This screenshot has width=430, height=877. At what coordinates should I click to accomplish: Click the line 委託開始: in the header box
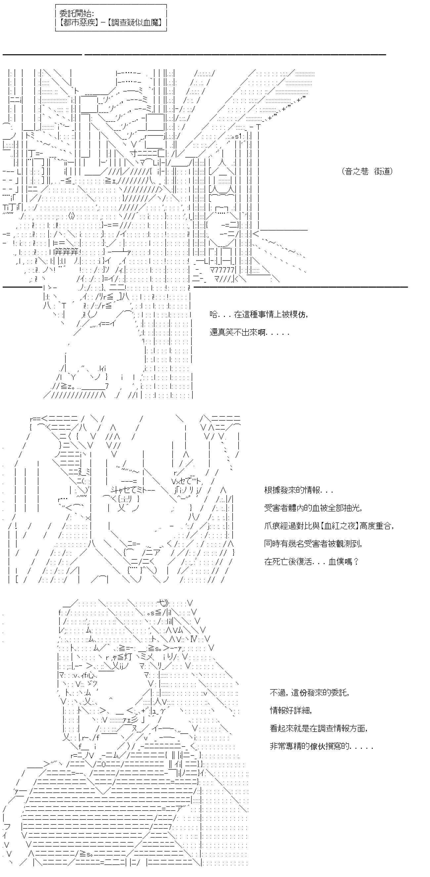coord(77,14)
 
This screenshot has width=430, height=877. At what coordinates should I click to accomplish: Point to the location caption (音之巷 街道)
coord(367,171)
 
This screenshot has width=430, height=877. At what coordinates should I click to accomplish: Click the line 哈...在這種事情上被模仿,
coord(259,315)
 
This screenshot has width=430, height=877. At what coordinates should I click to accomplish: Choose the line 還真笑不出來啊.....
coord(249,332)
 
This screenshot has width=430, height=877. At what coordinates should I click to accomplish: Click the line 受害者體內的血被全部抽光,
coord(313,508)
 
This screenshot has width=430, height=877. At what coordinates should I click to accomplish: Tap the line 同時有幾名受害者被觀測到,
coord(313,543)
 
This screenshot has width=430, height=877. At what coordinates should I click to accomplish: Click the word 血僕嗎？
coord(344,561)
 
